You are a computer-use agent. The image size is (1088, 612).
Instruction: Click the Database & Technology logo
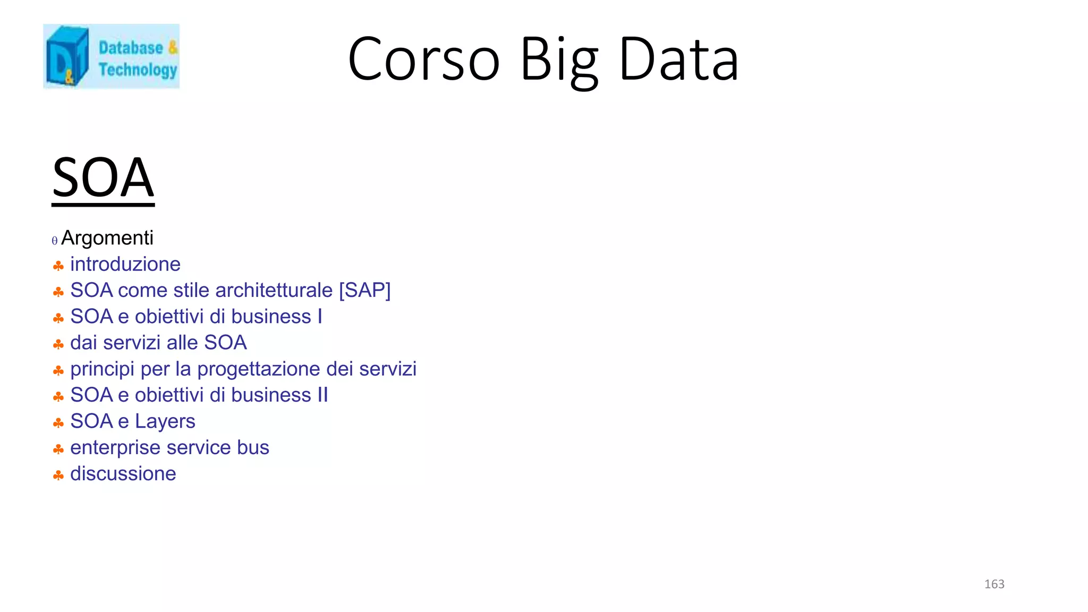point(111,56)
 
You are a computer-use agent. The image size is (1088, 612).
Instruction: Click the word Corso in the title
point(424,59)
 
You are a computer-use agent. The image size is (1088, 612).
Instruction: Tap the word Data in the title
point(679,59)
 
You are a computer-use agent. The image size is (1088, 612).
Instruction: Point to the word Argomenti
point(107,238)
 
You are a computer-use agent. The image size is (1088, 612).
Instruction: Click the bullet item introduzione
point(125,264)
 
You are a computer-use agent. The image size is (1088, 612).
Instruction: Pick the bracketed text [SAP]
point(364,290)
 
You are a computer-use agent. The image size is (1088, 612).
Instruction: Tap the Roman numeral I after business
point(320,316)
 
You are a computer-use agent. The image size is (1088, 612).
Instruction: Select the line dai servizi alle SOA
point(158,343)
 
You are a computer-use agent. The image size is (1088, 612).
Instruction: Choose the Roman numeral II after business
point(322,395)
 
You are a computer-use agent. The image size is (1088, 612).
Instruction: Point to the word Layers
point(165,421)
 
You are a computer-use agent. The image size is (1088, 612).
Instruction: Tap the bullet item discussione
point(123,473)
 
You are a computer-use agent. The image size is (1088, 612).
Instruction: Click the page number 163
point(994,584)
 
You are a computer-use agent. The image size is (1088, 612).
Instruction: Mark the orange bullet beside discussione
point(58,475)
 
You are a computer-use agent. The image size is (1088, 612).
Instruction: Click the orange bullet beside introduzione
point(58,266)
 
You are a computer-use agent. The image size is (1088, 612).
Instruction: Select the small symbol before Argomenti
point(55,241)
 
